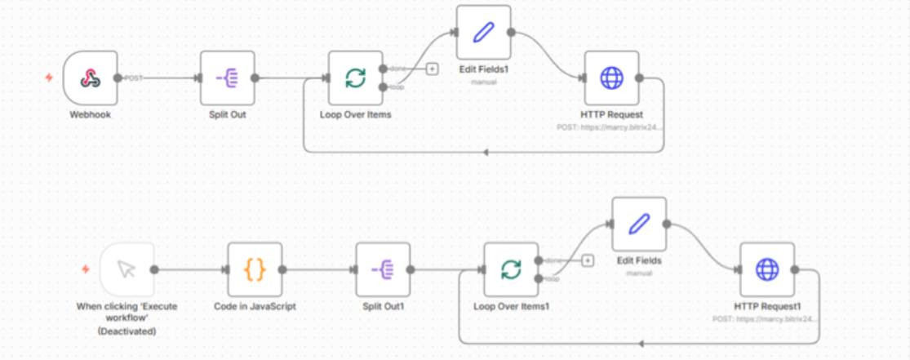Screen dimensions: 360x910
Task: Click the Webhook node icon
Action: [x=90, y=78]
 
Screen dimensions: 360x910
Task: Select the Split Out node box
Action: [x=227, y=78]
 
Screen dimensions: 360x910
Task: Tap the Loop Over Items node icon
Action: [x=355, y=78]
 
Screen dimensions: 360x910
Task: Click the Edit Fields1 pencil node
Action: [x=483, y=33]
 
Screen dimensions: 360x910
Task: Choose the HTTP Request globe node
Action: [x=611, y=78]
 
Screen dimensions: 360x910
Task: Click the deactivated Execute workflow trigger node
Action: [x=127, y=269]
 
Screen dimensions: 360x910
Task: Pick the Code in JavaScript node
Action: [x=255, y=269]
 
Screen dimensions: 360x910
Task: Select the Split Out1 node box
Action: [x=383, y=269]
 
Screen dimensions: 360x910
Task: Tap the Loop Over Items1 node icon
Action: [x=511, y=269]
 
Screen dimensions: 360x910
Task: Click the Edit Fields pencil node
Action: [x=639, y=224]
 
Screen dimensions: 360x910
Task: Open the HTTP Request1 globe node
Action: [x=767, y=269]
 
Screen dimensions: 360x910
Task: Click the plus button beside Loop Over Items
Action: [x=432, y=69]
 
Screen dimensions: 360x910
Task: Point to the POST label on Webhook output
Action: [x=134, y=78]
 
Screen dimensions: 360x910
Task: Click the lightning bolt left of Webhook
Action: [x=49, y=78]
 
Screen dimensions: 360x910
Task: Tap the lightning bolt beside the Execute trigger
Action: [x=86, y=269]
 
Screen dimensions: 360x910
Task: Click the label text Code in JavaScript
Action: [x=255, y=307]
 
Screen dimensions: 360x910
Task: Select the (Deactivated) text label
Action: [x=127, y=331]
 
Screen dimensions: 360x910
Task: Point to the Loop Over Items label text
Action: [x=355, y=115]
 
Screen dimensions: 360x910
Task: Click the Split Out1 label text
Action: [x=384, y=307]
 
